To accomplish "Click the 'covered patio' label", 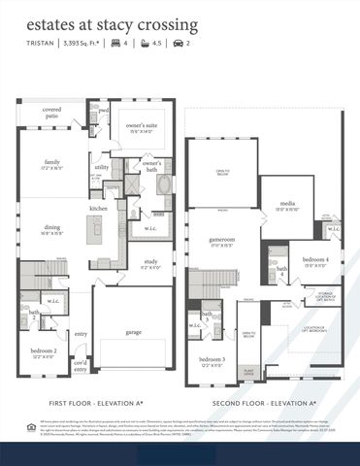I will tap(53, 114).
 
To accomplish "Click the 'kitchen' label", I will tap(99, 209).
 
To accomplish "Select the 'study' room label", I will tap(151, 262).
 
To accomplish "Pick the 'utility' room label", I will tap(102, 167).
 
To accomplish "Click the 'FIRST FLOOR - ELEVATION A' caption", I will tap(96, 401).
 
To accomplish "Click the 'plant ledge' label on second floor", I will tap(249, 370).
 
